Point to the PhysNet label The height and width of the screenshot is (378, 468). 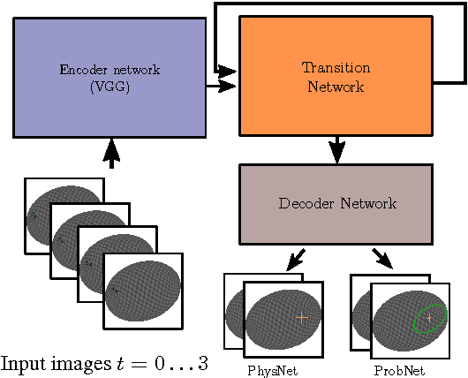coord(273,370)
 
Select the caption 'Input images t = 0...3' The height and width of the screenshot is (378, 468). coord(104,363)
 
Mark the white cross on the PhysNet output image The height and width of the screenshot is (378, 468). coord(301,316)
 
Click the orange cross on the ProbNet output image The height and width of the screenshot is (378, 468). coord(429,316)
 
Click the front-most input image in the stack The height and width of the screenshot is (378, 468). coord(143,291)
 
